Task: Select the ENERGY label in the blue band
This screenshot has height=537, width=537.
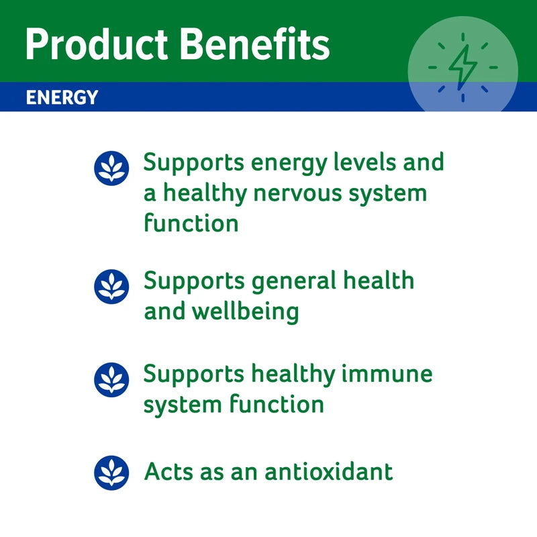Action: tap(62, 98)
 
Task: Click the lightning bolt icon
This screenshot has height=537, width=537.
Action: tap(462, 66)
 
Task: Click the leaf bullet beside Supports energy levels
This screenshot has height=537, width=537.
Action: tap(111, 168)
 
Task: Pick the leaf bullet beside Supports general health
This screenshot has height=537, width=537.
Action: tap(111, 287)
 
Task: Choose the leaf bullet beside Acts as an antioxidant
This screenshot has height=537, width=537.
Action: tap(111, 473)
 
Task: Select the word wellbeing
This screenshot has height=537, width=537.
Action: tap(248, 312)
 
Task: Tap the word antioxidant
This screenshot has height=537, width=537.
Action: tap(328, 472)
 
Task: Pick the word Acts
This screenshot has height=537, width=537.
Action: tap(168, 472)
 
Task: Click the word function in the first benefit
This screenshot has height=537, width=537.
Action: tap(191, 223)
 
